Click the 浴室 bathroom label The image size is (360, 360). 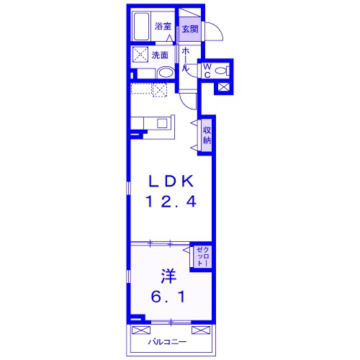[x=163, y=26]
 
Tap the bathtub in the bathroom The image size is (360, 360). [x=141, y=27]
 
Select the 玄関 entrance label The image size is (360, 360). [x=190, y=29]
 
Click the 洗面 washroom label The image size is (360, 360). [x=160, y=55]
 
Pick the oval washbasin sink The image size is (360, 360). [x=166, y=72]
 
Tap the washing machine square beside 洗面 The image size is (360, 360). [x=140, y=55]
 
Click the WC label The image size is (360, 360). [x=207, y=71]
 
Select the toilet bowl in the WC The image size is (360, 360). [x=221, y=71]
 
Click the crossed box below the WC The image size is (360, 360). [x=224, y=87]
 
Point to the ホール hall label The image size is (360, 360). [x=186, y=59]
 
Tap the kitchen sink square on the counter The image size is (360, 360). [x=162, y=123]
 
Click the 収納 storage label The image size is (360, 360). [x=207, y=135]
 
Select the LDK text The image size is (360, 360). [x=171, y=181]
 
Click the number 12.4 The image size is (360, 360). [x=171, y=202]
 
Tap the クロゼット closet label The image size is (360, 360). [x=203, y=256]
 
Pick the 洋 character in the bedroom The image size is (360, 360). [x=168, y=276]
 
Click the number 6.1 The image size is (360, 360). [x=168, y=297]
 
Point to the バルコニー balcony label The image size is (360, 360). [x=167, y=342]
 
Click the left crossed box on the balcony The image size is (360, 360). [x=141, y=330]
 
